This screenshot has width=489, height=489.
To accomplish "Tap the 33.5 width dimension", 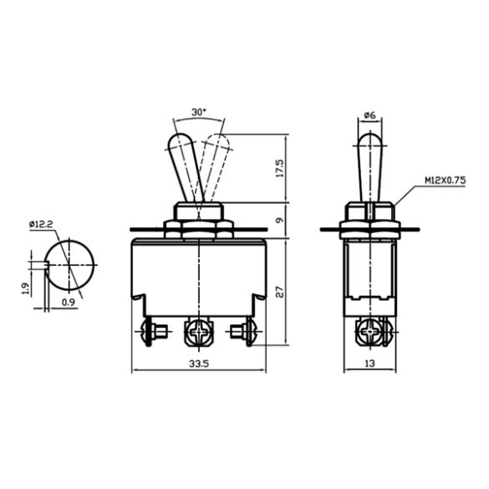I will coord(199,364).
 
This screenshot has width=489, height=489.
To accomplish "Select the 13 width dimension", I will coord(369,364).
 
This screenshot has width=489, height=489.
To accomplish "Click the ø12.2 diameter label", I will coord(41,224).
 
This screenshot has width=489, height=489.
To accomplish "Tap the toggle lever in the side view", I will coord(369,163).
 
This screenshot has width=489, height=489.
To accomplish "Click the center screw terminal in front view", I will coord(200,334).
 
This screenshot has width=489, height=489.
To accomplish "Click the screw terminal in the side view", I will coord(369,334).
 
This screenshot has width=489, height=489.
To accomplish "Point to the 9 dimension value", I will coord(279,222).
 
